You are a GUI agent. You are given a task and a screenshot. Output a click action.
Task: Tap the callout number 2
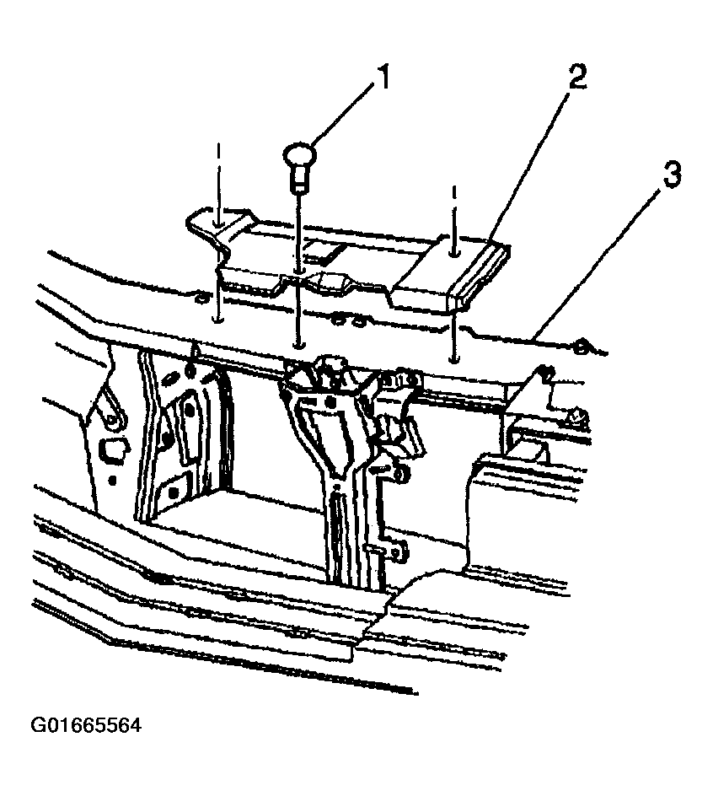[x=577, y=74]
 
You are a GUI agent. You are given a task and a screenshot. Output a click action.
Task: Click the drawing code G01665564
[x=86, y=725]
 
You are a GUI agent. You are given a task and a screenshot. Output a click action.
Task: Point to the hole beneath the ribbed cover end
[x=453, y=360]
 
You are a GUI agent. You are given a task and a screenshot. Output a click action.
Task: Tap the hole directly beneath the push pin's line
[x=299, y=345]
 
